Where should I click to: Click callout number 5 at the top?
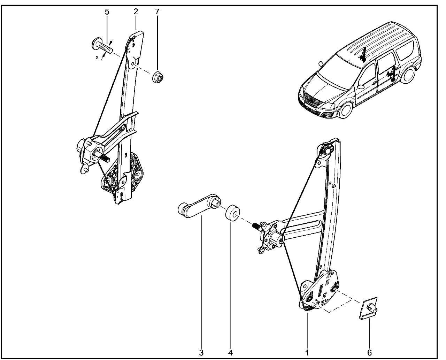[x=107, y=12]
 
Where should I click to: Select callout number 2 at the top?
[x=136, y=12]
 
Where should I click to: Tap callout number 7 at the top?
[x=157, y=12]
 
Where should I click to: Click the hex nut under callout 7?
[x=158, y=77]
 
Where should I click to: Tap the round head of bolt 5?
[x=96, y=44]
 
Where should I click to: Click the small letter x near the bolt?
[x=97, y=57]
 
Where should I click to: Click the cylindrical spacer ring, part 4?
[x=232, y=213]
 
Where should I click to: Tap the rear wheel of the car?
[x=409, y=75]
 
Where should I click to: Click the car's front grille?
[x=312, y=100]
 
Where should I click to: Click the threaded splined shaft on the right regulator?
[x=256, y=227]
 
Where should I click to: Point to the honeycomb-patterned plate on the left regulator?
[x=123, y=173]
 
